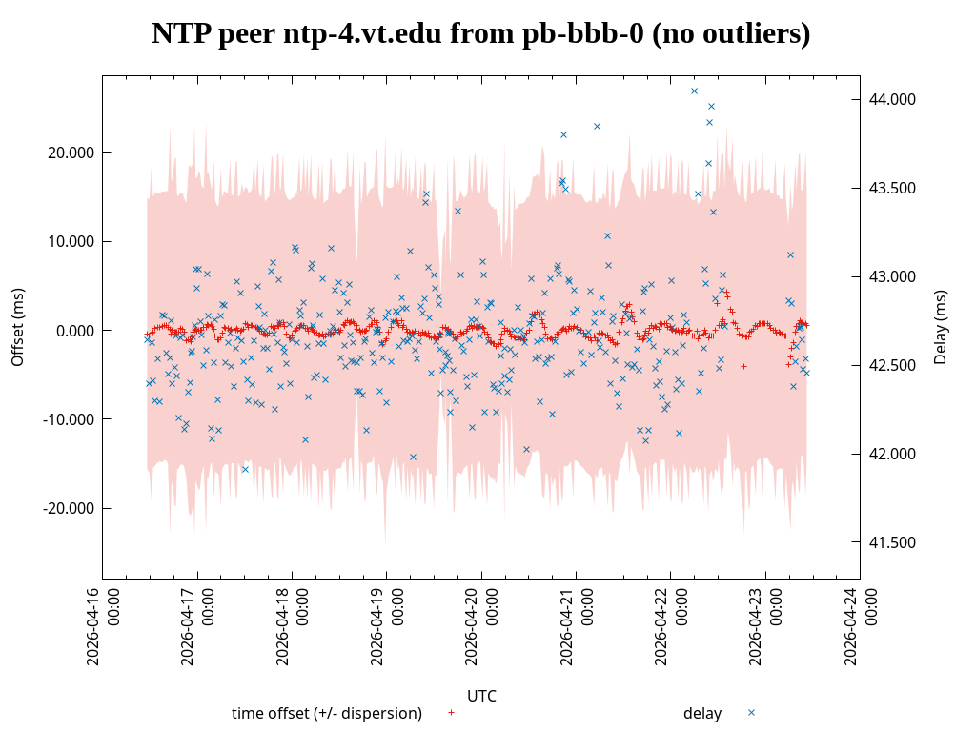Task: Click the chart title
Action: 480,34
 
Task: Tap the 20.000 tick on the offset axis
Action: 71,152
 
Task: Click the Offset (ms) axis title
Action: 18,327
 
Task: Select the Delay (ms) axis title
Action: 941,327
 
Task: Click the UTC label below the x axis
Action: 481,696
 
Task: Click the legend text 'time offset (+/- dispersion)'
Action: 327,713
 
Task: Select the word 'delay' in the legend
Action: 702,713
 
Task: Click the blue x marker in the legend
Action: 751,712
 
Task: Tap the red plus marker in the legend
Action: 451,712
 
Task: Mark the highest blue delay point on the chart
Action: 694,91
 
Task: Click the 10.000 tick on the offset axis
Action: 71,241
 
